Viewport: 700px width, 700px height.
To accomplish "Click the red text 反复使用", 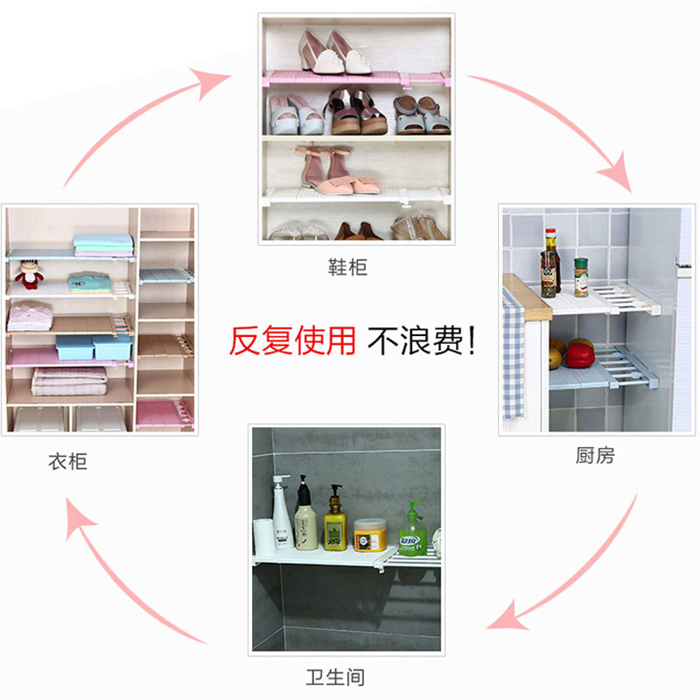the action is click(x=292, y=340).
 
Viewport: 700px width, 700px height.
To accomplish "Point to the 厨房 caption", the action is click(x=595, y=456).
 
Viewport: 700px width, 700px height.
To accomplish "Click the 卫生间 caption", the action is click(x=335, y=676).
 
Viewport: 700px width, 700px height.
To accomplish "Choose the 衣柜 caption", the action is click(x=67, y=460).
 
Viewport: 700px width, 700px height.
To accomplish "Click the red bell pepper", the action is click(x=578, y=353).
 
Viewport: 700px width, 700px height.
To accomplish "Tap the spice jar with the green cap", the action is click(x=581, y=276).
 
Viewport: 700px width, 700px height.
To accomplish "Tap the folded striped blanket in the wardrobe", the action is click(x=69, y=381).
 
